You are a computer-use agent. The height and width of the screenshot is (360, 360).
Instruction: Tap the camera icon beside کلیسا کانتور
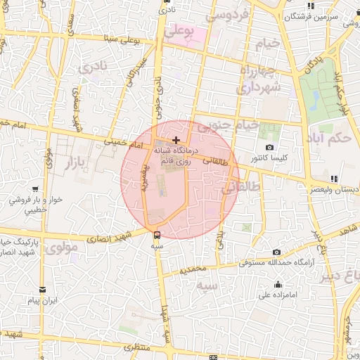coord(270,147)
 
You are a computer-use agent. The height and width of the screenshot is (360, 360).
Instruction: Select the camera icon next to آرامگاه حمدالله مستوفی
coord(276,252)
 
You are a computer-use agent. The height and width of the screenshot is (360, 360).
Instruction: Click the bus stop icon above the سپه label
coord(157,235)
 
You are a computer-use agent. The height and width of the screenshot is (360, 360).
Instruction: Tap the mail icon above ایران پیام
coord(42,290)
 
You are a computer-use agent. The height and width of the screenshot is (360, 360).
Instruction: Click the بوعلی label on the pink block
coord(180,32)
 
